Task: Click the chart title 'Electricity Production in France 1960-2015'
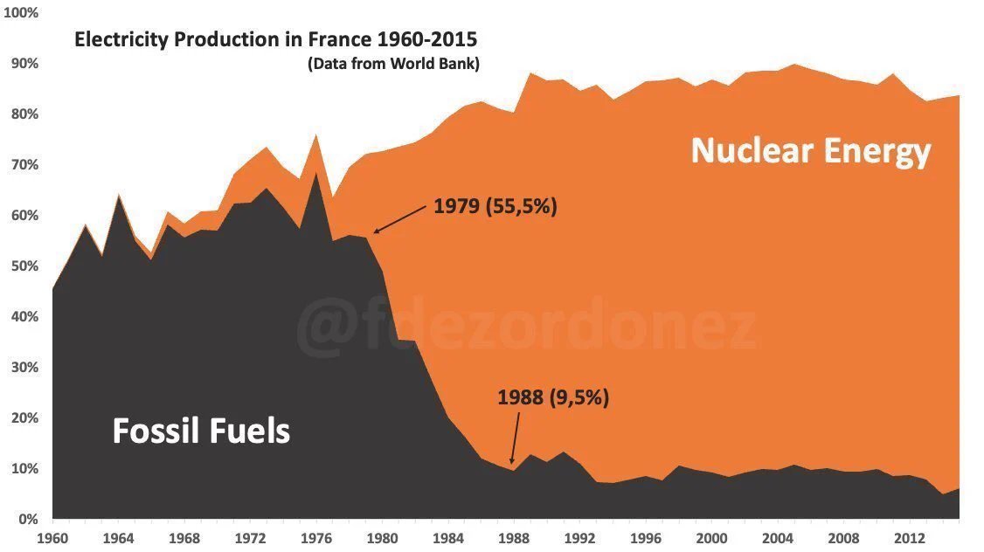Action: [x=276, y=40]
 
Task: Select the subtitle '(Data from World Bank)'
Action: [x=393, y=64]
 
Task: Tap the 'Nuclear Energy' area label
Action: [x=811, y=151]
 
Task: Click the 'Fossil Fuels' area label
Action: [x=201, y=431]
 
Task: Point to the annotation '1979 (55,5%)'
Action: [x=495, y=208]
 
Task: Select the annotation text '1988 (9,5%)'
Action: [x=552, y=398]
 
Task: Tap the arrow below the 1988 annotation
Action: [x=516, y=437]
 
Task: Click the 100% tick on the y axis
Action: [x=21, y=13]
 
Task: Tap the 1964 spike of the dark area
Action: [x=119, y=197]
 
